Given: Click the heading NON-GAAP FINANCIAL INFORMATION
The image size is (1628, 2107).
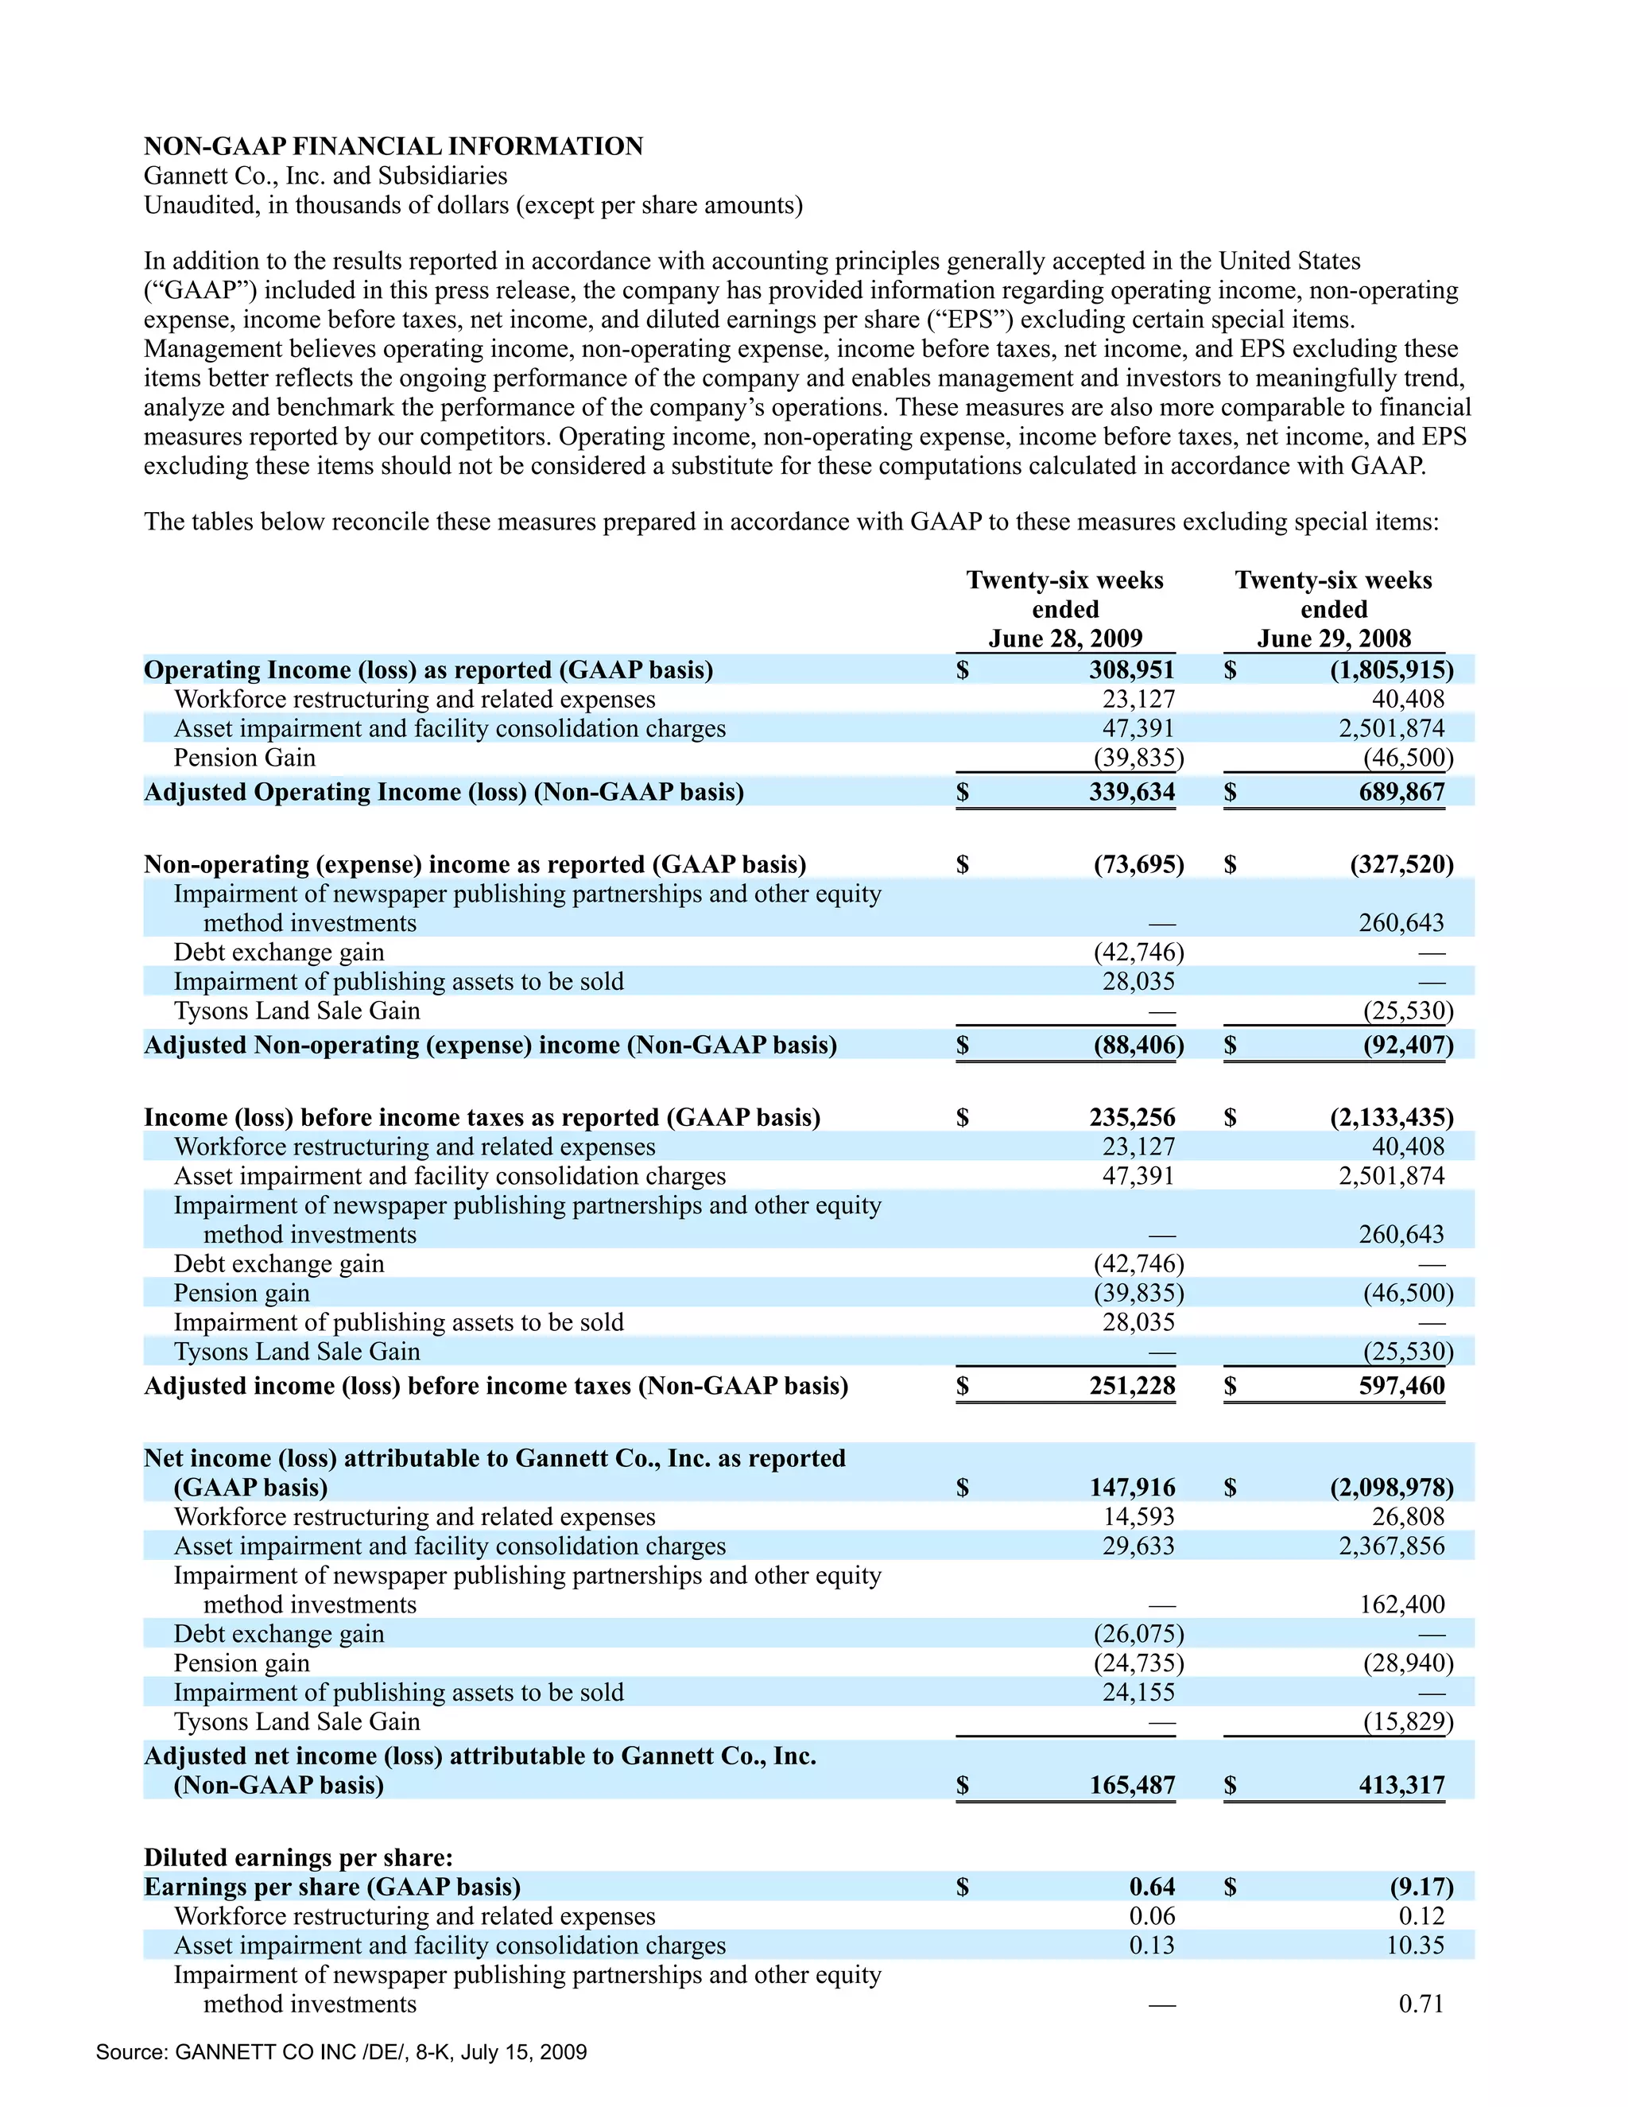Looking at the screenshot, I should click(x=393, y=146).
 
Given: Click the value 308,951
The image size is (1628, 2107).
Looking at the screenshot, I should click(x=1131, y=669).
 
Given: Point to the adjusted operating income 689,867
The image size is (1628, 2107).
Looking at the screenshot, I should click(x=1401, y=792).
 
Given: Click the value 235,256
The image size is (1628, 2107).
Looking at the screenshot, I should click(x=1131, y=1117).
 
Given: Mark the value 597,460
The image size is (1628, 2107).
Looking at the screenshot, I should click(x=1401, y=1387).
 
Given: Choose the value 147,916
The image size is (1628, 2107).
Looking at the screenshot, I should click(x=1131, y=1488).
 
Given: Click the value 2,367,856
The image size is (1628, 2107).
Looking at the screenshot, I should click(x=1391, y=1546).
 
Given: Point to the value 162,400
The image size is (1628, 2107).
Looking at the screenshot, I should click(x=1401, y=1605).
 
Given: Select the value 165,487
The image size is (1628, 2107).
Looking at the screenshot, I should click(x=1131, y=1786).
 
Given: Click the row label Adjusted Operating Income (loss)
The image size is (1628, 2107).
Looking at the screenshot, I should click(x=444, y=792).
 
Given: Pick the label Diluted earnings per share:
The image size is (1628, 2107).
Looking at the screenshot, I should click(x=298, y=1858).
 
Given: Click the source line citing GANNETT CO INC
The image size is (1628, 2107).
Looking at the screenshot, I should click(x=341, y=2052).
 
